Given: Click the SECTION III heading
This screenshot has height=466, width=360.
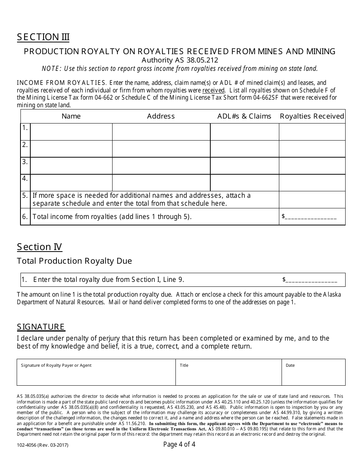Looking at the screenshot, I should [x=43, y=37].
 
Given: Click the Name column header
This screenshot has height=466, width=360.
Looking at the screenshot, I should [x=71, y=116].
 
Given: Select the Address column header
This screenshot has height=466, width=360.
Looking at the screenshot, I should [x=161, y=116].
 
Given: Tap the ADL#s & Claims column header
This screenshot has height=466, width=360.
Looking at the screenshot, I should [x=244, y=116].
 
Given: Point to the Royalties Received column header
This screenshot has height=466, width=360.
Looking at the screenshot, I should [x=312, y=116].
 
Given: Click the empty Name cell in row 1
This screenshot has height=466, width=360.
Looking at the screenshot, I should [x=71, y=132].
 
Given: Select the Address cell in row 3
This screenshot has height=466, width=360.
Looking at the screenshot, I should [x=161, y=166].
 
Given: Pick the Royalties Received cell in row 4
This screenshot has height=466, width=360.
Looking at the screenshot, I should [x=312, y=183].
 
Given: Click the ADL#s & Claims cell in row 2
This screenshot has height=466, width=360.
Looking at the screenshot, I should [x=244, y=149].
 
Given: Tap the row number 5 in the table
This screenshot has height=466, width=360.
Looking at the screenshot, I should [x=25, y=196].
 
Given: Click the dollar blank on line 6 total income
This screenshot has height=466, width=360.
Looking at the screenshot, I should [x=310, y=217].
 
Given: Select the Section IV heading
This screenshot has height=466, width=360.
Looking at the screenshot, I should [x=39, y=247].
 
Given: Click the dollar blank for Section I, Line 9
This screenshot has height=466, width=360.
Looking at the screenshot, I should [x=311, y=280].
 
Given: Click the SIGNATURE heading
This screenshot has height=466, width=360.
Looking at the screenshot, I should [x=41, y=327].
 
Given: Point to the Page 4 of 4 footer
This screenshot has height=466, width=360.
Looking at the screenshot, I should [x=179, y=444].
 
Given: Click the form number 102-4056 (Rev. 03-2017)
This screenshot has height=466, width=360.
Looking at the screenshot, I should [x=43, y=446].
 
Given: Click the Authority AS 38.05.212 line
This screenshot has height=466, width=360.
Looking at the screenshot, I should [x=180, y=60].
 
